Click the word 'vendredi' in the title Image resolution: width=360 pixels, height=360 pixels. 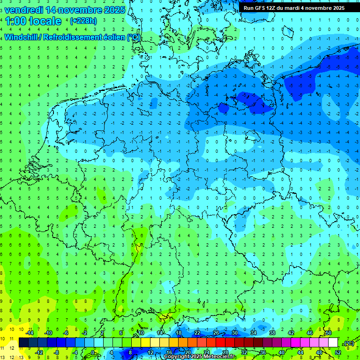tap(24, 10)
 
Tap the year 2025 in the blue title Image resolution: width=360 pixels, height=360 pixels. tap(113, 10)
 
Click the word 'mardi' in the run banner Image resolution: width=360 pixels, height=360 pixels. tap(300, 8)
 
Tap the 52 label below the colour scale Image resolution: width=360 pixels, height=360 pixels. tap(338, 352)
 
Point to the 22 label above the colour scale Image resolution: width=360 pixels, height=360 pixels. tap(197, 333)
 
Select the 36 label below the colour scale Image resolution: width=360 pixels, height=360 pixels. tap(263, 352)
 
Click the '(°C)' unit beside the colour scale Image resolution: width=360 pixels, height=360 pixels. tap(349, 343)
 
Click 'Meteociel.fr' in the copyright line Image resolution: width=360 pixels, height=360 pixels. tap(218, 357)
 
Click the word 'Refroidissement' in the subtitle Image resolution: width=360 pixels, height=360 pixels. tap(70, 37)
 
